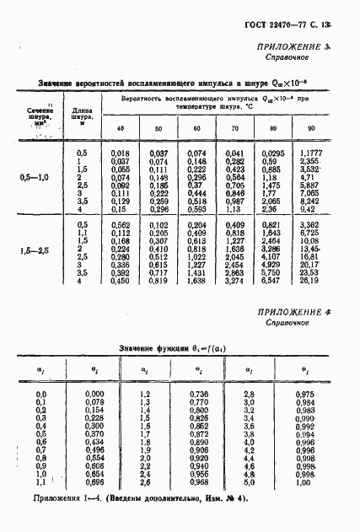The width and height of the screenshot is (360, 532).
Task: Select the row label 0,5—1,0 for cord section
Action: coord(34,176)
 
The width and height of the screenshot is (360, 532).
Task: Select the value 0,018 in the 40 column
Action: coord(120,152)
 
